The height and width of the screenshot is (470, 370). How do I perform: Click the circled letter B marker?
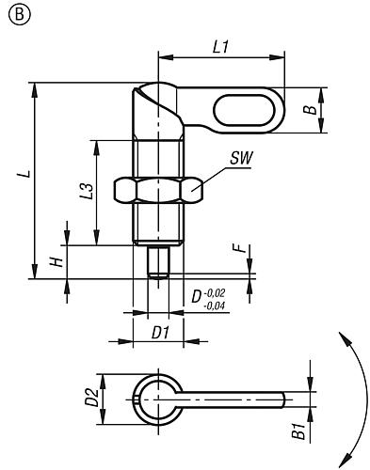[x=20, y=14]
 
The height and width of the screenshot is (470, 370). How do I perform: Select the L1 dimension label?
[x=221, y=47]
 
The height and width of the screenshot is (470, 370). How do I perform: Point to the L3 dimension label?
[x=87, y=191]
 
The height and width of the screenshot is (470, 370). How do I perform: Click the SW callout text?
[x=241, y=159]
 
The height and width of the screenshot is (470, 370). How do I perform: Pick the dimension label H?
[x=57, y=262]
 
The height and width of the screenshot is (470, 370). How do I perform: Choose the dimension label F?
[x=240, y=248]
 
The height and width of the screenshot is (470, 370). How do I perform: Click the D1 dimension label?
[x=161, y=333]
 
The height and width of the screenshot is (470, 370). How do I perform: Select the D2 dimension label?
[x=92, y=398]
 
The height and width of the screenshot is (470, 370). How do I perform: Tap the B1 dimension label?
[x=298, y=431]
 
